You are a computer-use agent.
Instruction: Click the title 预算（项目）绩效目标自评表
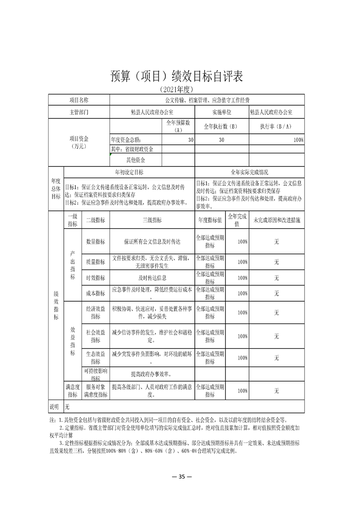coord(177,77)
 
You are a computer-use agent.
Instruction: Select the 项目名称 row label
coord(79,100)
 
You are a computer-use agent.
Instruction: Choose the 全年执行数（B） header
coord(222,127)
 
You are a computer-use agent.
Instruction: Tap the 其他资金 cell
coord(136,160)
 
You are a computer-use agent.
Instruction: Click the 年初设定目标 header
coord(129,172)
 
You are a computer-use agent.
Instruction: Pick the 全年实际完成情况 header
coord(250,172)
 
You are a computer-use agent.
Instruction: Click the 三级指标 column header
coord(152,220)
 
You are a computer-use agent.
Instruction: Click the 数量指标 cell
coord(95,242)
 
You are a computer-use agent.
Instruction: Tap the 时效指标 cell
coord(95,278)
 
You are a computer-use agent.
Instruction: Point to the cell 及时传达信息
coord(152,278)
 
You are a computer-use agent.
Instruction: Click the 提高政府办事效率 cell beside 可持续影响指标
coord(152,374)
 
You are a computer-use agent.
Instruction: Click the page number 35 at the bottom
coord(180,476)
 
